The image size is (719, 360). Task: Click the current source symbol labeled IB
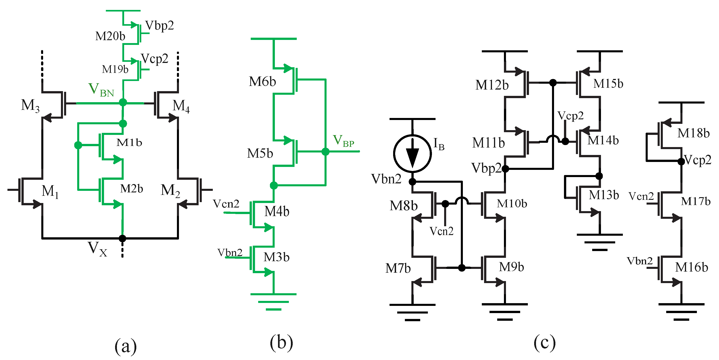tap(412, 153)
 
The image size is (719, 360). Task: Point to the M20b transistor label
tap(110, 36)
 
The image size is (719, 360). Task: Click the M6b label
tap(262, 81)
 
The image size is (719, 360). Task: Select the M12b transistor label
tap(492, 85)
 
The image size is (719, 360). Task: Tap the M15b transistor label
tap(608, 83)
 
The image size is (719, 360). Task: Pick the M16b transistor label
tap(691, 267)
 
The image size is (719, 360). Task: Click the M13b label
tap(604, 195)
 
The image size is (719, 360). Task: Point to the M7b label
tap(398, 268)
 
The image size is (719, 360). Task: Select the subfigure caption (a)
tap(126, 346)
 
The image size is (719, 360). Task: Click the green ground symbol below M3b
tap(274, 301)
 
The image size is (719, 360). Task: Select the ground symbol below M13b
tap(600, 242)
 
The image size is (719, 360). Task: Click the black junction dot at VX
tap(122, 238)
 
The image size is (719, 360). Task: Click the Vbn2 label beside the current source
tap(386, 179)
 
